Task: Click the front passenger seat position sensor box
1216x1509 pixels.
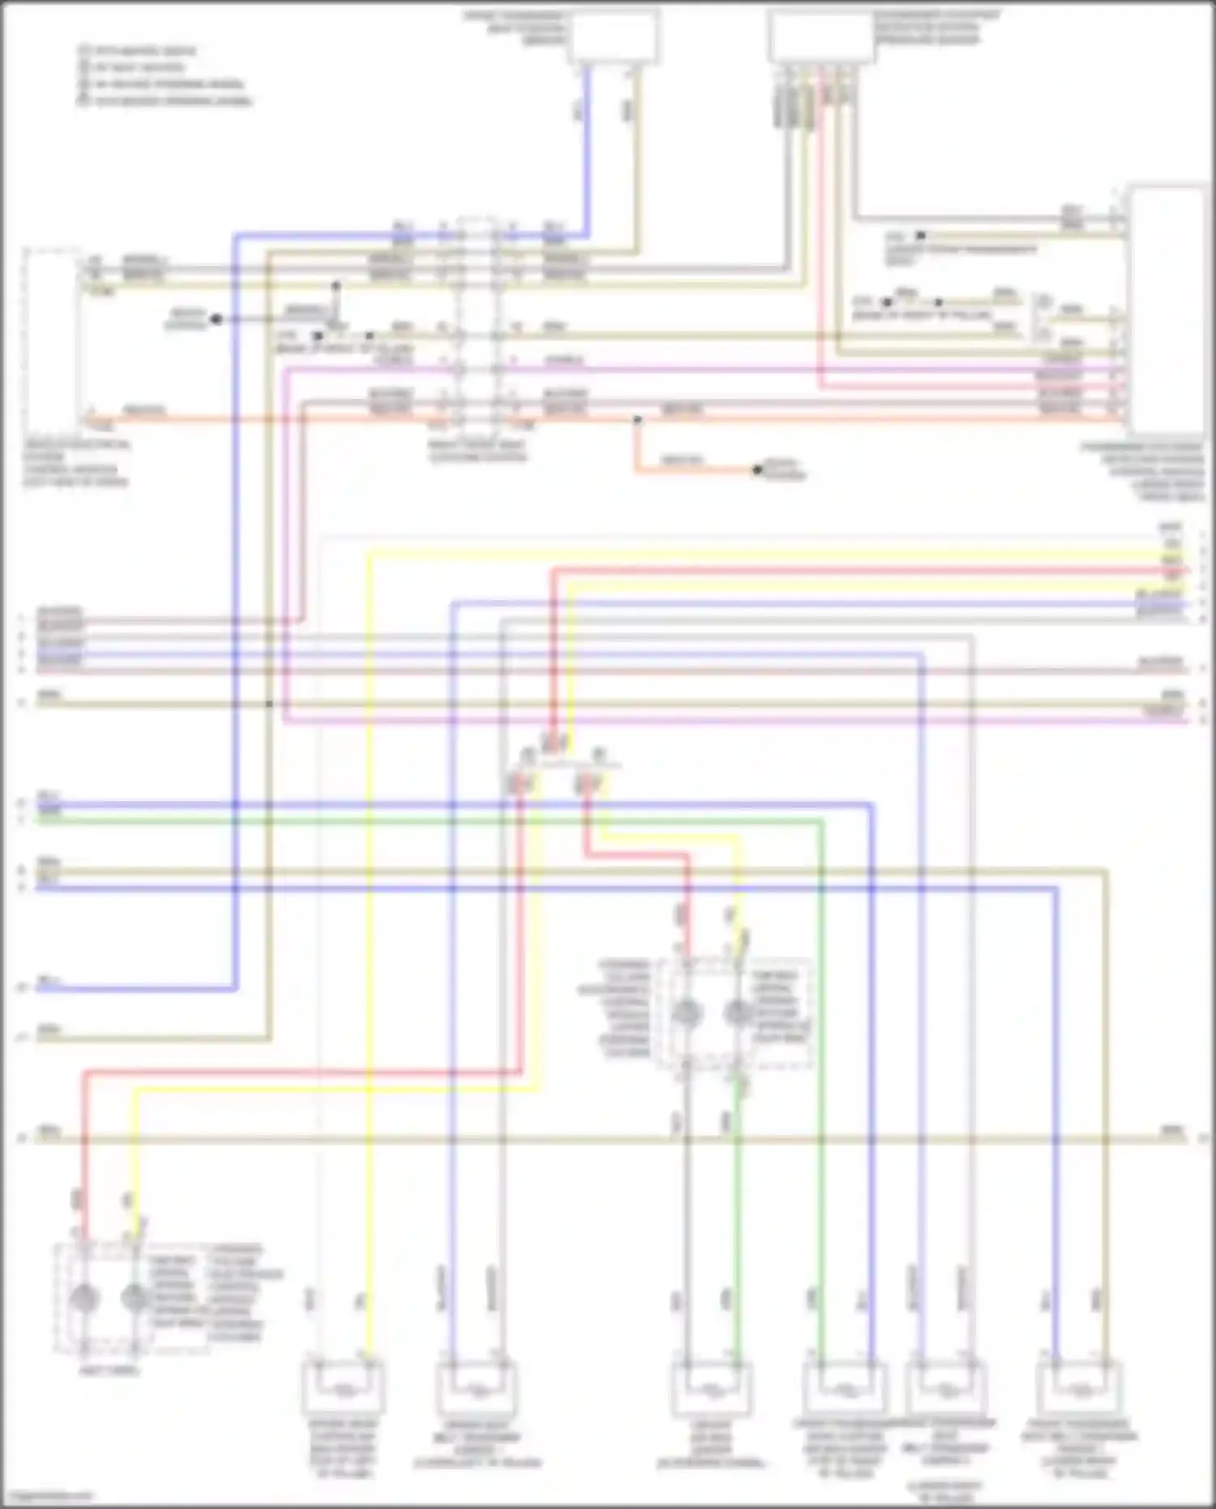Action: (x=613, y=36)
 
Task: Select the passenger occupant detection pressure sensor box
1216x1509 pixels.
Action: (x=821, y=36)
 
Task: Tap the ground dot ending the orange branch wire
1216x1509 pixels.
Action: (x=756, y=469)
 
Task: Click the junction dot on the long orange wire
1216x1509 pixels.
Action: (x=637, y=420)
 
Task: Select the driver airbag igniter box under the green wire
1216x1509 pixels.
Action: (x=711, y=1389)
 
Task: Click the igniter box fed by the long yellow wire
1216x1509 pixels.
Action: (x=342, y=1389)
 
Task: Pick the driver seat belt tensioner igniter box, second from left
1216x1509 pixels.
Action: (x=477, y=1389)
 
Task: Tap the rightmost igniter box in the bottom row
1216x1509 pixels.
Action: (x=1079, y=1389)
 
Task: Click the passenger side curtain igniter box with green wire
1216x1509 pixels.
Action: (x=843, y=1389)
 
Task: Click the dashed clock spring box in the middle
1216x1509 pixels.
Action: (x=734, y=1014)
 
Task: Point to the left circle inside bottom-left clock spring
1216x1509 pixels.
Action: (x=83, y=1298)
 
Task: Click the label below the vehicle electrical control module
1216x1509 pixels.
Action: (x=75, y=464)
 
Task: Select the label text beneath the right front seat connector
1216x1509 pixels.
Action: (x=477, y=451)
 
